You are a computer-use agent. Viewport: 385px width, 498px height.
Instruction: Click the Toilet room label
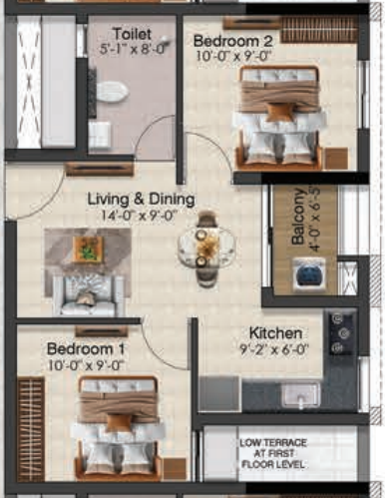[x=131, y=32]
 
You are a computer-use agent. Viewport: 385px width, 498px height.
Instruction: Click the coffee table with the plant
[x=87, y=249]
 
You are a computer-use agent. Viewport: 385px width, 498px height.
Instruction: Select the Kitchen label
[x=275, y=333]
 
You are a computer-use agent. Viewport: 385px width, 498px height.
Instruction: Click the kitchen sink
[x=299, y=394]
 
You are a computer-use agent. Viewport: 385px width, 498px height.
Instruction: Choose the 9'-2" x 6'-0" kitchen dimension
[x=275, y=350]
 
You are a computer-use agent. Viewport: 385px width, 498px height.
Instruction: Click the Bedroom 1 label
[x=86, y=349]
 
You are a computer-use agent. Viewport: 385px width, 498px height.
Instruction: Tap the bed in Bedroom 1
[x=118, y=425]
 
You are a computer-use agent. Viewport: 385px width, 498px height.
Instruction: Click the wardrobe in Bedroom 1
[x=30, y=428]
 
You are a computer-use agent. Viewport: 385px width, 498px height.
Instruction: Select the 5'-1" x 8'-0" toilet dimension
[x=131, y=47]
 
